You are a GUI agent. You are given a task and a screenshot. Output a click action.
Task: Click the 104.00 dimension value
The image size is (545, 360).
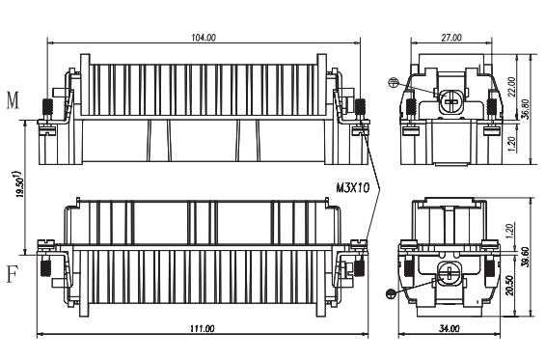point(204,38)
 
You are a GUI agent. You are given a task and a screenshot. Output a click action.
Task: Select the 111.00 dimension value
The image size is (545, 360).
point(202,328)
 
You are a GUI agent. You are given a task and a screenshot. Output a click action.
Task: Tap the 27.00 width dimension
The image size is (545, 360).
point(451,38)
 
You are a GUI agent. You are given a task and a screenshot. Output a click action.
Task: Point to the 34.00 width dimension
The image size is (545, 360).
point(450,328)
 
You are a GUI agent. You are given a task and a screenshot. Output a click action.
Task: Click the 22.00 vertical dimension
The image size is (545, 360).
point(511,87)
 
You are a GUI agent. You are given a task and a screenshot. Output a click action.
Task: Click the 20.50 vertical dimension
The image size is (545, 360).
point(509,286)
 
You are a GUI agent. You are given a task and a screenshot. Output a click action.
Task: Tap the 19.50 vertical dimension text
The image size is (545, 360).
point(20,184)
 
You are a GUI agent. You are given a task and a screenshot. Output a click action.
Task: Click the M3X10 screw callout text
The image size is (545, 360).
point(352,188)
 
